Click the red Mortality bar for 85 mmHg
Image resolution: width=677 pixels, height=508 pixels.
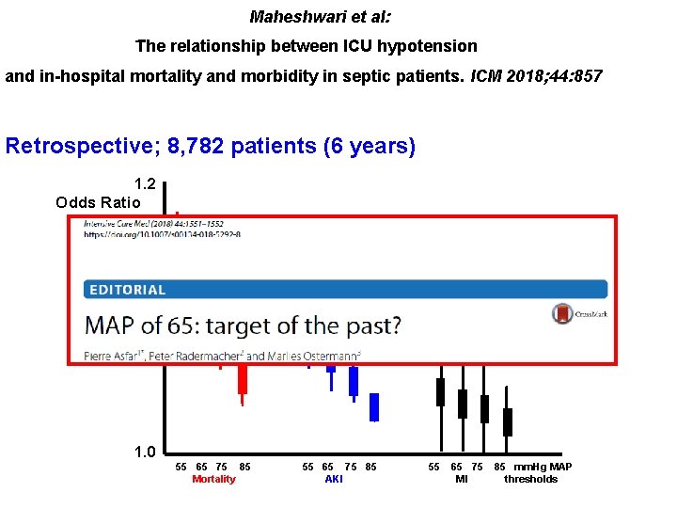pyautogui.click(x=243, y=378)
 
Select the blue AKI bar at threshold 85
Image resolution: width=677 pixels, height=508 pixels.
pyautogui.click(x=374, y=406)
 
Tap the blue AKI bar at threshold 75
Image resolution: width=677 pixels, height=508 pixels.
pyautogui.click(x=354, y=380)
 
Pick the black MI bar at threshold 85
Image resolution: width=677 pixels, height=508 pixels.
pyautogui.click(x=508, y=421)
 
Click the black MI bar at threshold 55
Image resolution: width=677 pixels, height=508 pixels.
pyautogui.click(x=440, y=391)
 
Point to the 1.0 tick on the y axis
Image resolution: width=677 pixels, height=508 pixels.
pyautogui.click(x=145, y=452)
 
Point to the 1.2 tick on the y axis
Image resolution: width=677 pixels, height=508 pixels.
pyautogui.click(x=145, y=184)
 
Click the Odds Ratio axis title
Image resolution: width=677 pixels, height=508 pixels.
pyautogui.click(x=98, y=202)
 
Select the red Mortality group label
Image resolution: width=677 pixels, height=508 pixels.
pyautogui.click(x=213, y=480)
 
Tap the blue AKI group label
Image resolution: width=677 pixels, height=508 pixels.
pyautogui.click(x=334, y=480)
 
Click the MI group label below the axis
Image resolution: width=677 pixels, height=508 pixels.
pyautogui.click(x=462, y=480)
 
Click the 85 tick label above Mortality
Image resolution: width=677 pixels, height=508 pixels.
pyautogui.click(x=245, y=467)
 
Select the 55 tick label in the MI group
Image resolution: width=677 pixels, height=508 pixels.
pyautogui.click(x=434, y=467)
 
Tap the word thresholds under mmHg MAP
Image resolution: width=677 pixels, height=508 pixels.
pyautogui.click(x=530, y=480)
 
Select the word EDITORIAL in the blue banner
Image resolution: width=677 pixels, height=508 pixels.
pyautogui.click(x=128, y=290)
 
